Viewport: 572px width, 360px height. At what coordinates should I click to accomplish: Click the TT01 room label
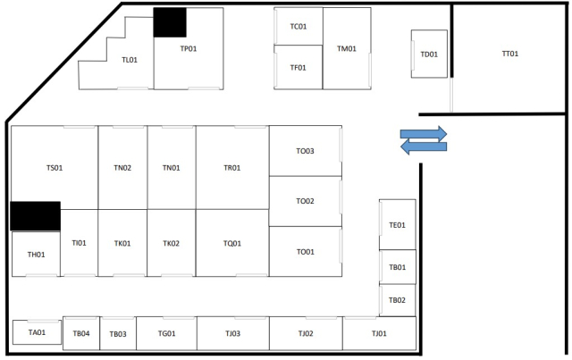click(x=510, y=54)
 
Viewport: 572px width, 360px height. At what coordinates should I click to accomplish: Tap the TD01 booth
click(x=429, y=54)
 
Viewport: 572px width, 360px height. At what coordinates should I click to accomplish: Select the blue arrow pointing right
click(x=424, y=134)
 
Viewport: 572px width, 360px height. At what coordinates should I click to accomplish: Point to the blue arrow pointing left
click(x=424, y=147)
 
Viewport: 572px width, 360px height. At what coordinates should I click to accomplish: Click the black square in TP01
click(x=170, y=22)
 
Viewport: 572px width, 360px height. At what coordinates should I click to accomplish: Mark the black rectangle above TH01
click(x=36, y=216)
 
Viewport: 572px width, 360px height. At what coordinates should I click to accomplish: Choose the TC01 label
click(x=299, y=27)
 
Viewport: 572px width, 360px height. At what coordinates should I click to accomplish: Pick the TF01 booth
click(x=298, y=67)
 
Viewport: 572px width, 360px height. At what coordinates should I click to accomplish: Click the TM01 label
click(x=347, y=49)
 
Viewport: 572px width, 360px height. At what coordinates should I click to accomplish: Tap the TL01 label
click(x=130, y=60)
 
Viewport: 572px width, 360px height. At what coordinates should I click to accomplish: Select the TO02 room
click(x=306, y=201)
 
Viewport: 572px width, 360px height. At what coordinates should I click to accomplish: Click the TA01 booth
click(x=37, y=332)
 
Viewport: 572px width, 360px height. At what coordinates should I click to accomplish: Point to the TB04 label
click(x=81, y=333)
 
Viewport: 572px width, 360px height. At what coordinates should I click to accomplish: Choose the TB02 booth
click(x=397, y=300)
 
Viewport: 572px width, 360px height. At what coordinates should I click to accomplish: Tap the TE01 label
click(x=397, y=225)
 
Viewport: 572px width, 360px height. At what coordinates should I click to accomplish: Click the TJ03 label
click(x=232, y=333)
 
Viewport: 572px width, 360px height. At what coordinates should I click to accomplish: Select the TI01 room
click(x=80, y=243)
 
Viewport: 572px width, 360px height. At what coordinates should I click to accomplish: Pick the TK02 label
click(x=171, y=243)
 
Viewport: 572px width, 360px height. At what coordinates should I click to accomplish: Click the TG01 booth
click(x=167, y=333)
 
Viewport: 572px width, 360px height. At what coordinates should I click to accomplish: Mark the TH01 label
click(x=36, y=255)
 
